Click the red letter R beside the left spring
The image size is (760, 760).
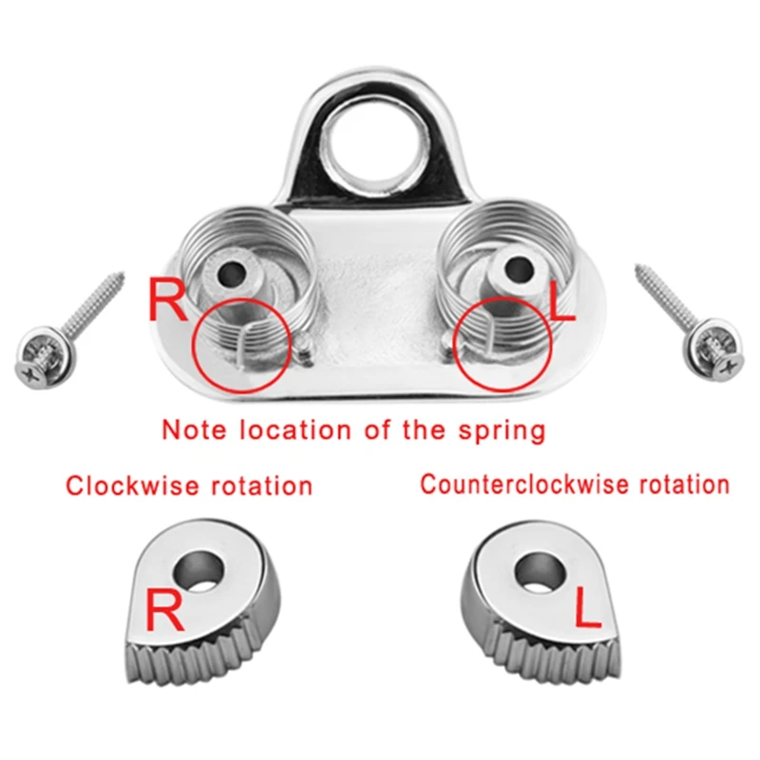coord(167,300)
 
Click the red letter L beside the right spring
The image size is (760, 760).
coord(561,299)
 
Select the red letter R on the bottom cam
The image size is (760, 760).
coord(164,609)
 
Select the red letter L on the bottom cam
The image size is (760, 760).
coord(587,608)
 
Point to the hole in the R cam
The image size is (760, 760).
coord(199,571)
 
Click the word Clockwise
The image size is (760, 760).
coord(132,485)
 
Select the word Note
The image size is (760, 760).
coord(194,429)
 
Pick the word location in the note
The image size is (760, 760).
coord(295,429)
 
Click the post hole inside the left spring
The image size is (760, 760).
coord(230,273)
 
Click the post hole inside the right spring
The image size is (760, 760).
coord(519,270)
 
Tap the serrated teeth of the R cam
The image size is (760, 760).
coord(194,656)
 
